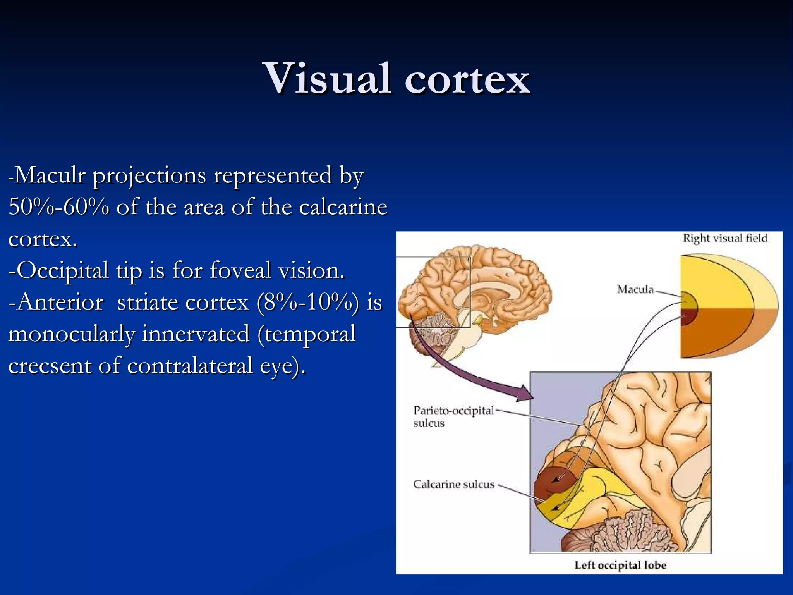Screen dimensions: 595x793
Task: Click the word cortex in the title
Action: pyautogui.click(x=467, y=79)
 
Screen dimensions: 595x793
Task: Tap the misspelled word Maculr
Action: pyautogui.click(x=50, y=175)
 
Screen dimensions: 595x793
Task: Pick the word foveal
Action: pyautogui.click(x=240, y=270)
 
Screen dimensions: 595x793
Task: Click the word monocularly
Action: pyautogui.click(x=71, y=334)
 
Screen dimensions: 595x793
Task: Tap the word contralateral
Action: pyautogui.click(x=190, y=366)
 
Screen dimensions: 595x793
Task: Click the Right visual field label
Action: pyautogui.click(x=725, y=238)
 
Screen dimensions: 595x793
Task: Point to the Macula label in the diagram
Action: pyautogui.click(x=635, y=289)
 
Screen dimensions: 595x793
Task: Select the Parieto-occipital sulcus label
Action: pyautogui.click(x=453, y=416)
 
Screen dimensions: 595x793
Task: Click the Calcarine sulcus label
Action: pyautogui.click(x=454, y=484)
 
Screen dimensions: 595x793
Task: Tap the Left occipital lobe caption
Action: pyautogui.click(x=620, y=565)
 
